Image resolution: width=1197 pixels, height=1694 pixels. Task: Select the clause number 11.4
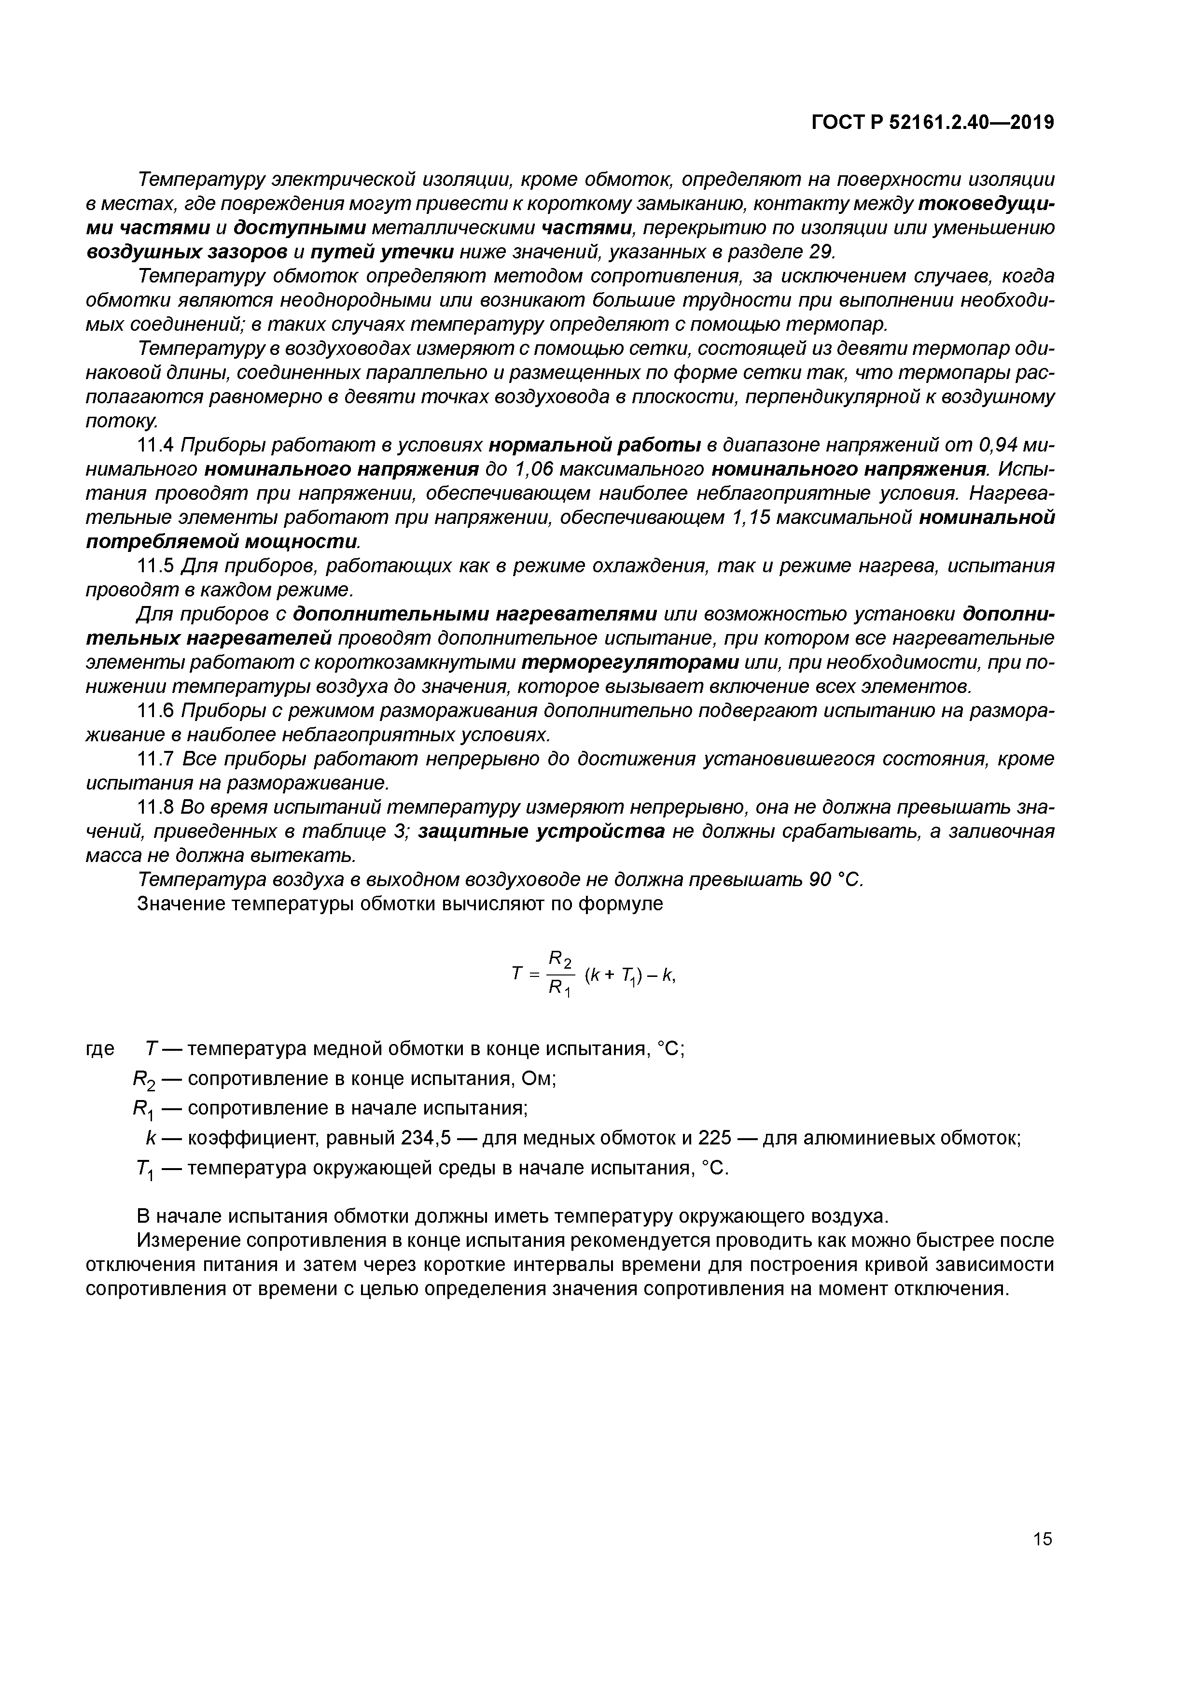coord(155,446)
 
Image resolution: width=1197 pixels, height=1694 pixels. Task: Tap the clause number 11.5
coord(155,566)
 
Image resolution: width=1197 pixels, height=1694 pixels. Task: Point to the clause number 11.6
coord(155,710)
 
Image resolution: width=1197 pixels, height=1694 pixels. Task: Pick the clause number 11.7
coord(155,759)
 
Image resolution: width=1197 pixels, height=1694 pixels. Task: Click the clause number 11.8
coord(155,807)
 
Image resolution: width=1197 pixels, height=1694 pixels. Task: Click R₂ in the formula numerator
coord(560,959)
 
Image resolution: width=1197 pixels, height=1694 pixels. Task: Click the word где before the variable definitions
coord(100,1048)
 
